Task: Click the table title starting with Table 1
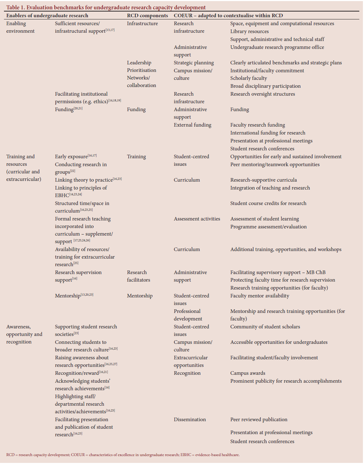pos(106,7)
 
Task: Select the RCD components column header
pos(147,15)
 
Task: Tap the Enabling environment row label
pos(20,27)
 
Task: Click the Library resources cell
pos(249,31)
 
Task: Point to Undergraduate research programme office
pos(277,47)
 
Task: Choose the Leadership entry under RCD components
pos(139,63)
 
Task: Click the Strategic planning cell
pos(194,63)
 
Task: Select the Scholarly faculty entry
pos(248,78)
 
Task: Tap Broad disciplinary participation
pos(265,86)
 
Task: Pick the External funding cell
pos(192,125)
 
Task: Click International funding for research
pos(268,133)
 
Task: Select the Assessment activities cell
pos(197,219)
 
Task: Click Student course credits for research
pos(268,203)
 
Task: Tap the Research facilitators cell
pos(138,276)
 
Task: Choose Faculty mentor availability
pos(260,296)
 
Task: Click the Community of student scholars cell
pos(265,327)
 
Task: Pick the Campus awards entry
pos(248,373)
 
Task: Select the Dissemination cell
pos(190,419)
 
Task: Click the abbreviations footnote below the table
pos(123,455)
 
